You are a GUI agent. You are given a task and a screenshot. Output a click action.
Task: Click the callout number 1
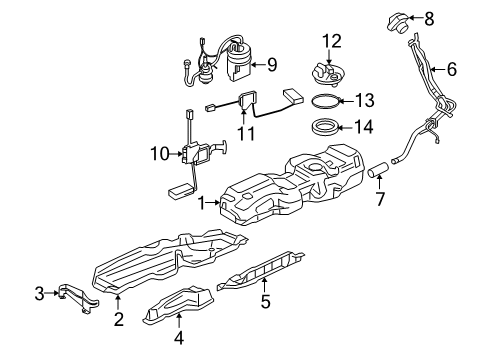coord(200,202)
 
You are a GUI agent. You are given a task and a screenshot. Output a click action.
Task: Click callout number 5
coord(265,299)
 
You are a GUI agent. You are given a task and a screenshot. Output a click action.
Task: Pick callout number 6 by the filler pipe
coord(451,70)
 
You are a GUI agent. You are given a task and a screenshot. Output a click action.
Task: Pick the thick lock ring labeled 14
coord(326,128)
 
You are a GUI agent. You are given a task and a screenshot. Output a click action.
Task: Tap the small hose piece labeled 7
coord(380,169)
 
